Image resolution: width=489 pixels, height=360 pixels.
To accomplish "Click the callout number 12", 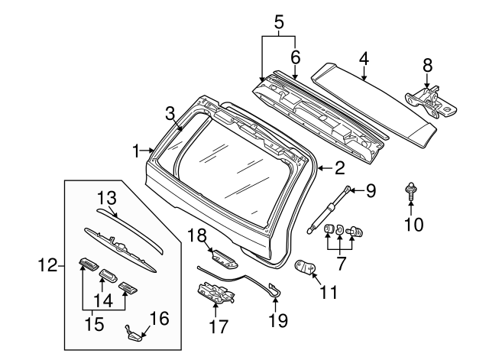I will pos(47,266).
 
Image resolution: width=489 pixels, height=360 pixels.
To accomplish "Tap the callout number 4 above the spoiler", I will pos(364,58).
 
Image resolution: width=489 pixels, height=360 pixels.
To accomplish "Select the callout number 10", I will pos(412,224).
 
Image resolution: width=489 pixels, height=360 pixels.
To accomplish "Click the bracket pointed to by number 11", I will pos(307,268).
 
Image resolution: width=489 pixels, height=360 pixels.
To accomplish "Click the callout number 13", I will pos(106,199).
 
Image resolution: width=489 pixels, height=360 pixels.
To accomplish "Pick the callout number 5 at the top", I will pos(279,21).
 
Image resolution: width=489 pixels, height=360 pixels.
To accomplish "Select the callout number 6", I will pos(295,56).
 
